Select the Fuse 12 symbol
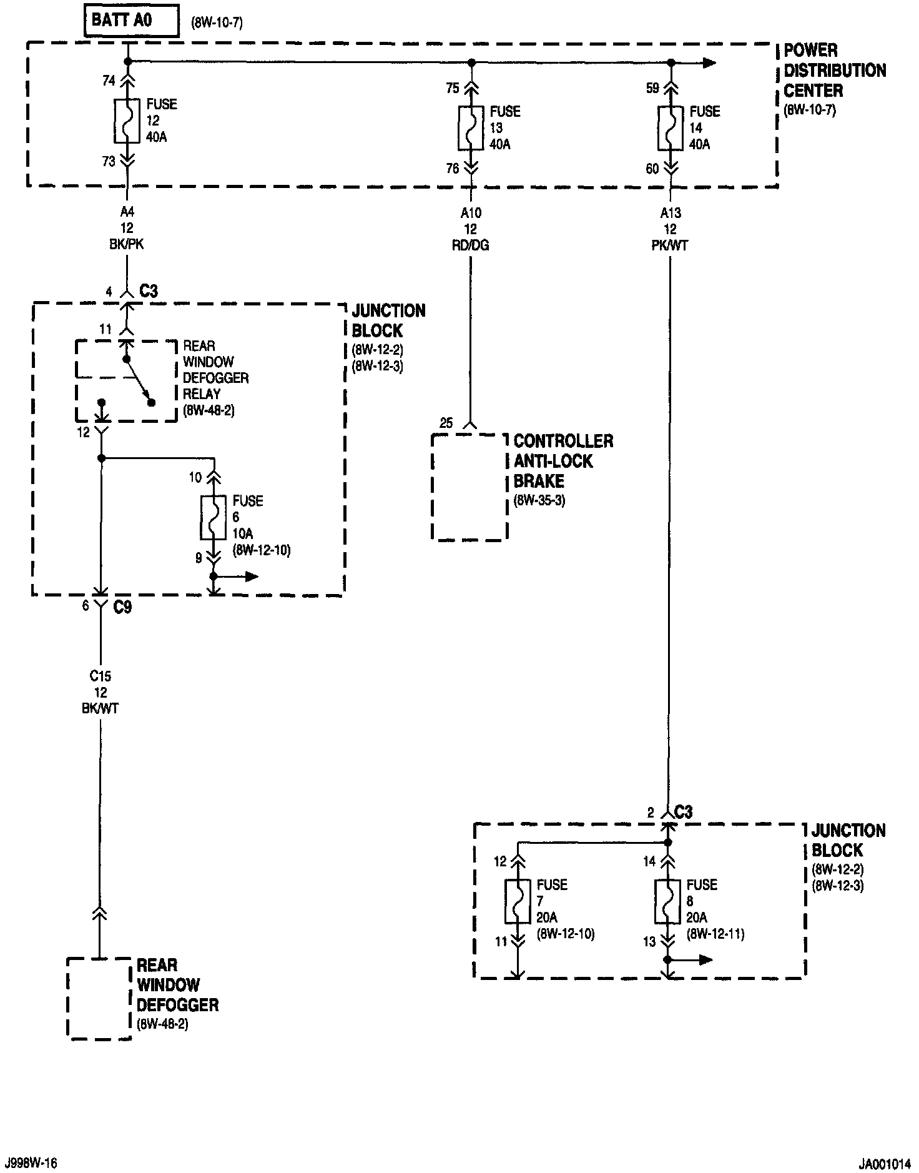coord(127,121)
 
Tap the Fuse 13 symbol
coord(471,128)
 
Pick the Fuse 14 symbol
coord(671,128)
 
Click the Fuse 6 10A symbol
coord(214,518)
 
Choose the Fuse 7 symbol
coord(518,902)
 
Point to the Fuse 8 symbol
coord(667,902)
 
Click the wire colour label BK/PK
coord(127,245)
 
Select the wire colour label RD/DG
coord(471,245)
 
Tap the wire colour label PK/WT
coord(670,245)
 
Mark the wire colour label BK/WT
coord(101,708)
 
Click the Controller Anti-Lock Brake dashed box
coord(469,487)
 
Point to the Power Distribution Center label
coord(835,70)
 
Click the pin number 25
coord(446,423)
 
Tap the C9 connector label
coord(123,606)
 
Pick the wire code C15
coord(101,676)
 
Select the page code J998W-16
coord(31,1163)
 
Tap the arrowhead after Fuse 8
coord(705,959)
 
